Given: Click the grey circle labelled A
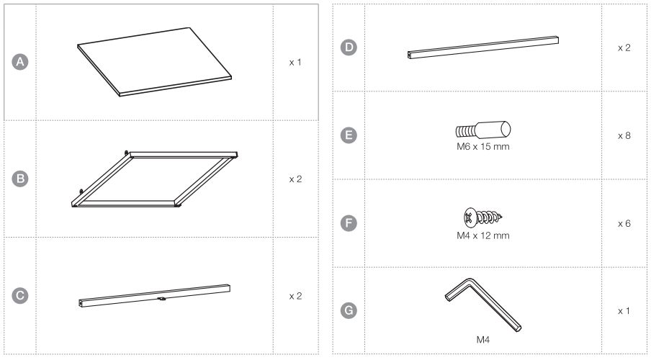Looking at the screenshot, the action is click(x=20, y=62).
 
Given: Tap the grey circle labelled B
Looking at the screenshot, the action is click(x=20, y=179).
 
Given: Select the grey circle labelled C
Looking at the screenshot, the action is click(x=20, y=296).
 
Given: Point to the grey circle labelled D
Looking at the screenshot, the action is click(x=349, y=48).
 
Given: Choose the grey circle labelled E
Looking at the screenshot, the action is click(x=349, y=135).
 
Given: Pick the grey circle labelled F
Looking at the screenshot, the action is click(x=349, y=223).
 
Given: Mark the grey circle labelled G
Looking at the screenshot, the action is click(x=349, y=310).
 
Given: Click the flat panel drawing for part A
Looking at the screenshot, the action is click(x=154, y=62).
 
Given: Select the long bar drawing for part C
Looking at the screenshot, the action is click(x=154, y=296).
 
